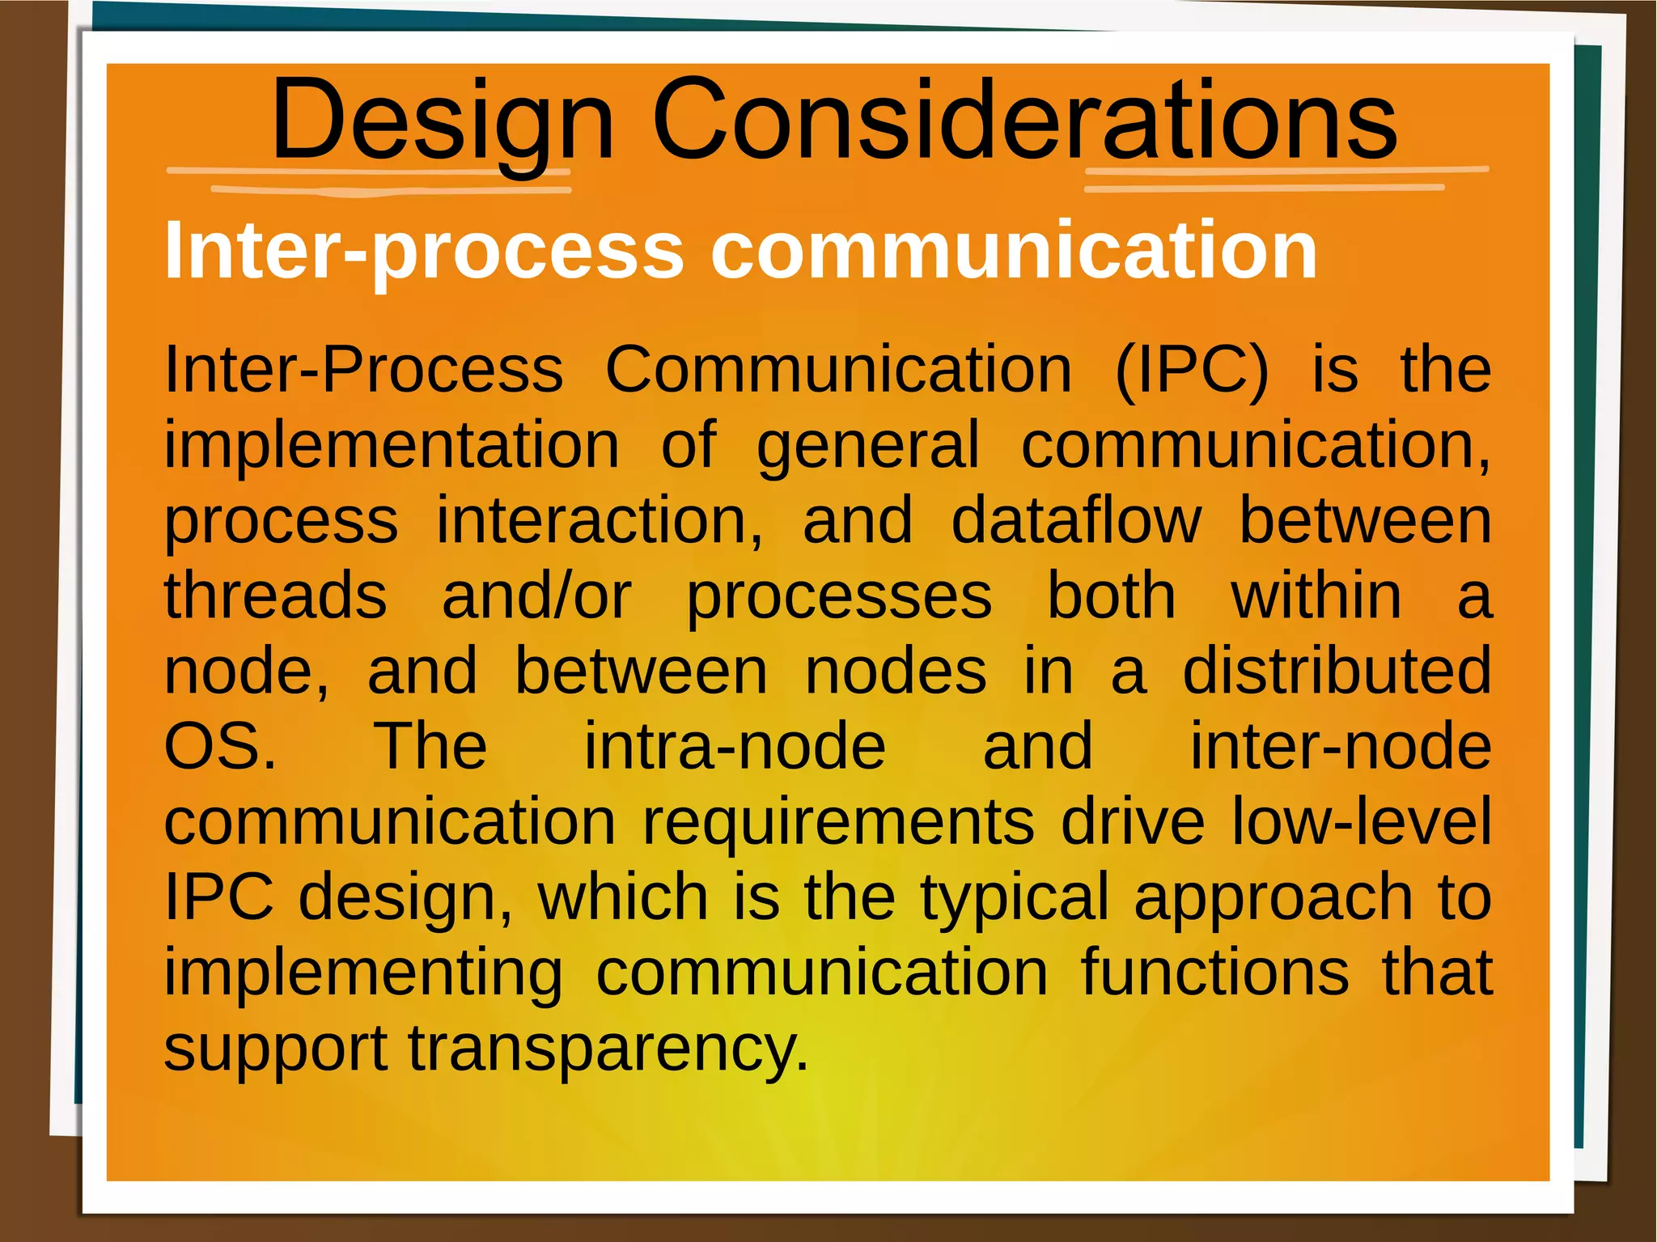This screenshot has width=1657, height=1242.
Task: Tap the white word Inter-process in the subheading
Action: click(425, 251)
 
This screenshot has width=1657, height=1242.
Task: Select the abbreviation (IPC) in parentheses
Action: click(1192, 370)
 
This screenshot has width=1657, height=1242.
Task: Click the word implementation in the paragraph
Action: click(392, 446)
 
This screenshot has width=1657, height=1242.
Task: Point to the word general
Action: click(867, 446)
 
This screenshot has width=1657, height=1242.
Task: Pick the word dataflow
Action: click(1075, 520)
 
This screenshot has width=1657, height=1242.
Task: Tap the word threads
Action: click(275, 596)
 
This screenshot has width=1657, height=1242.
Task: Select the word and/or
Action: click(536, 596)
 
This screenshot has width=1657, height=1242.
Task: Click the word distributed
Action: click(1337, 671)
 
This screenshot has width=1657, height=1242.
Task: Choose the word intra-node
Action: click(735, 746)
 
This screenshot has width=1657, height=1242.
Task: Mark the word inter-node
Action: click(1340, 746)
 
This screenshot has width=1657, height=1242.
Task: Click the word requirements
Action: click(838, 821)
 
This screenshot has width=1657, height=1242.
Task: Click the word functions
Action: click(1214, 972)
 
